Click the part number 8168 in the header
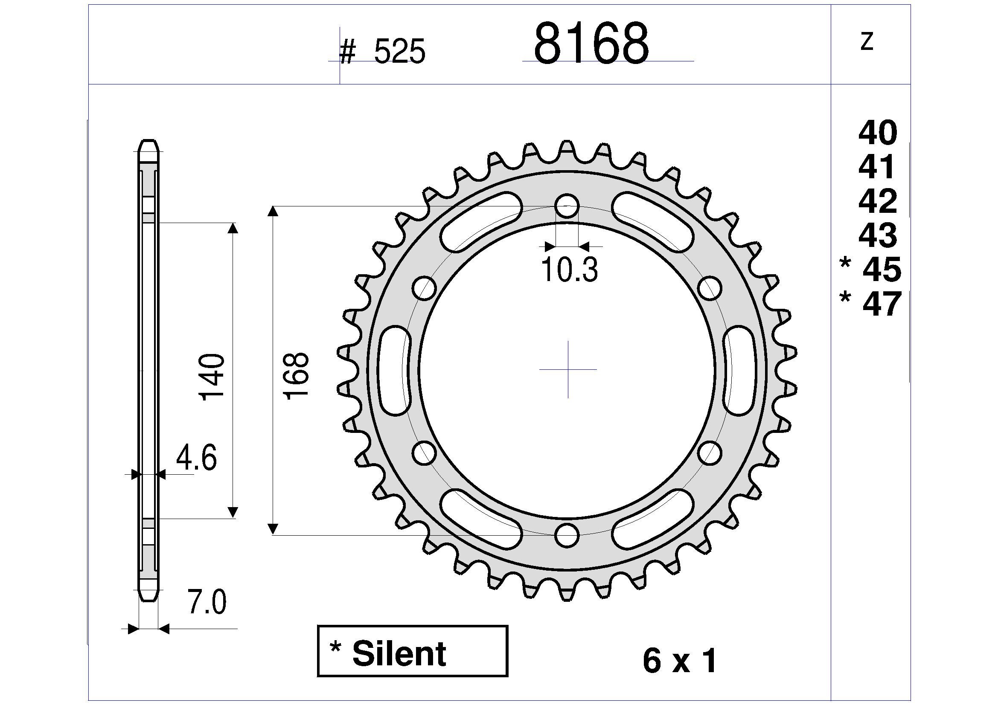point(591,43)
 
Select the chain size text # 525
point(382,51)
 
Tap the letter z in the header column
point(867,42)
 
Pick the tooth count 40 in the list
point(878,133)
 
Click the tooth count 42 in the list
point(878,201)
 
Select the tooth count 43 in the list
point(878,235)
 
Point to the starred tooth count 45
point(871,269)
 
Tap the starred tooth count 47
point(871,304)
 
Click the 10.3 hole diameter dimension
point(570,270)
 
